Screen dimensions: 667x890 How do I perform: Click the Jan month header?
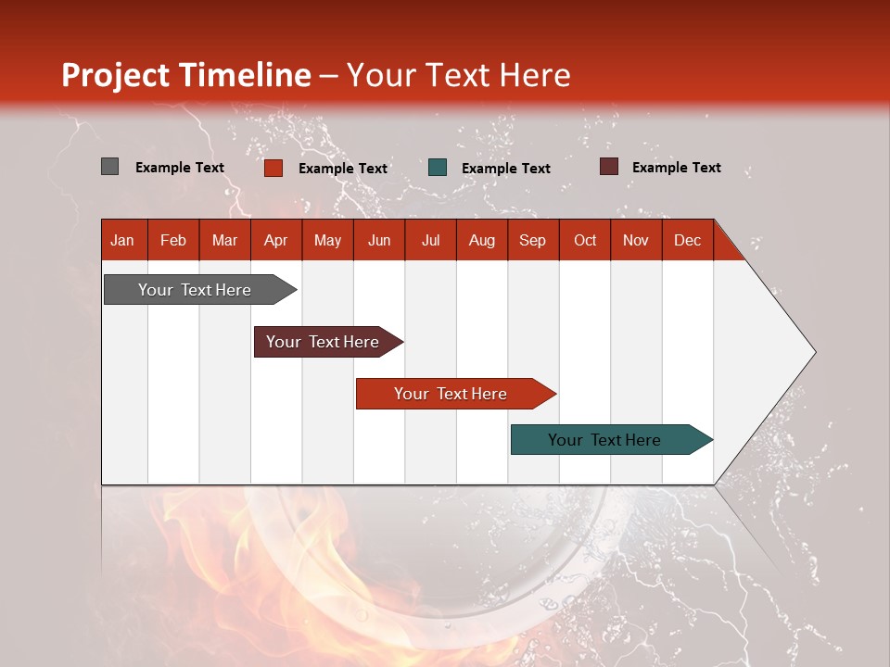click(x=122, y=240)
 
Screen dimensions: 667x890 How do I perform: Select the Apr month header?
click(x=275, y=240)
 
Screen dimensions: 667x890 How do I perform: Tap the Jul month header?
click(x=430, y=240)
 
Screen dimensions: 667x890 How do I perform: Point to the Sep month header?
click(x=532, y=240)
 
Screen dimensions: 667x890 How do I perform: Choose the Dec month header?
click(x=687, y=240)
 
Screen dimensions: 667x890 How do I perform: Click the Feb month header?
click(x=173, y=240)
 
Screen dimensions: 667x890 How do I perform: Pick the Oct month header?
click(x=585, y=240)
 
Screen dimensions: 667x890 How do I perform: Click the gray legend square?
click(x=109, y=167)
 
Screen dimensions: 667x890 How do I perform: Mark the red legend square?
click(x=273, y=168)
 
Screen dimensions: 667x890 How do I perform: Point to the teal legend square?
click(x=438, y=168)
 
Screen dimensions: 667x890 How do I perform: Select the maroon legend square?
click(x=608, y=167)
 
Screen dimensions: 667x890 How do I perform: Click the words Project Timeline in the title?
click(x=186, y=75)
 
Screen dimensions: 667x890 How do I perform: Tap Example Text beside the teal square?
click(x=505, y=169)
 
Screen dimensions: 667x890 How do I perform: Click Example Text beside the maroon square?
click(x=676, y=168)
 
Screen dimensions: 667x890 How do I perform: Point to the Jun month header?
click(x=379, y=240)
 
